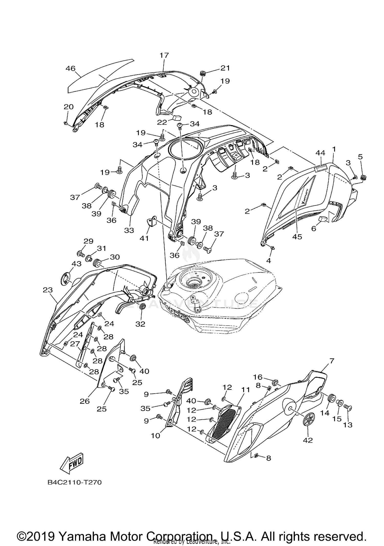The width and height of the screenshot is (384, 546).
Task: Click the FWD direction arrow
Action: click(x=72, y=463)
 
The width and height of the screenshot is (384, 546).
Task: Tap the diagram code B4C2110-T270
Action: click(x=74, y=482)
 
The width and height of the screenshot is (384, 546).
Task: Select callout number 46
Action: click(x=70, y=68)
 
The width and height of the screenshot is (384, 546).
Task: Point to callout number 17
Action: click(x=164, y=55)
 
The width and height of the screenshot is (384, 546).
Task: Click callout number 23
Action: click(x=48, y=290)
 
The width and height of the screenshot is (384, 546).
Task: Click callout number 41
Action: click(x=144, y=238)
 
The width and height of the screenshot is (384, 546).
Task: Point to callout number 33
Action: click(x=129, y=230)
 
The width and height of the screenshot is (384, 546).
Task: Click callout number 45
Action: click(x=297, y=237)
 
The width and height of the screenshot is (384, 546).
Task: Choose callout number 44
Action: click(x=320, y=153)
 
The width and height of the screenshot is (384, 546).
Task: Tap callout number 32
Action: click(x=140, y=324)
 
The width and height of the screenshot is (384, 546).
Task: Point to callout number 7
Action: click(x=332, y=361)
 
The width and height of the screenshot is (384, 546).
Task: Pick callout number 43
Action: click(x=77, y=264)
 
